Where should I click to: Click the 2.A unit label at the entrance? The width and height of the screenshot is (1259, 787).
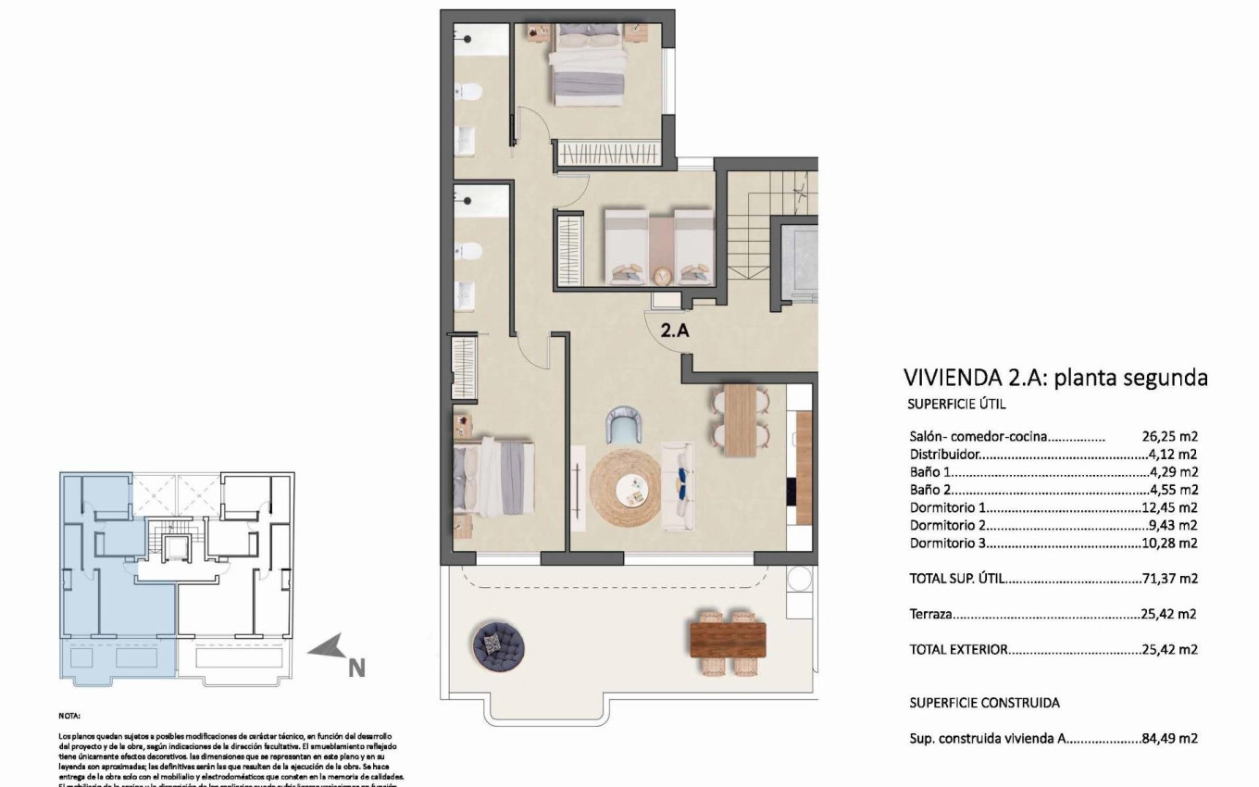tap(675, 329)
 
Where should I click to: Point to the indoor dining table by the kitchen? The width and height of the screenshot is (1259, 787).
tap(741, 419)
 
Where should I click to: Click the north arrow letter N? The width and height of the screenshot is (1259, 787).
tap(356, 667)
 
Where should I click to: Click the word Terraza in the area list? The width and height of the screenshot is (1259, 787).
tap(931, 614)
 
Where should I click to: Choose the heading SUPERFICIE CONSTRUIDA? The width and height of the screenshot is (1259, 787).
tap(984, 704)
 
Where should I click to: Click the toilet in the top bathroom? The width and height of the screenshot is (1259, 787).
tap(470, 93)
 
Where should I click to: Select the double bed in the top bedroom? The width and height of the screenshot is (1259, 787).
tap(591, 65)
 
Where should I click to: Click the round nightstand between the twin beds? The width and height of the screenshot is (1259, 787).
tap(661, 275)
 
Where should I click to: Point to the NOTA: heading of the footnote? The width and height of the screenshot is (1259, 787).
tap(69, 716)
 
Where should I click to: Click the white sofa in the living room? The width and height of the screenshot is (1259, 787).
tap(676, 487)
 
